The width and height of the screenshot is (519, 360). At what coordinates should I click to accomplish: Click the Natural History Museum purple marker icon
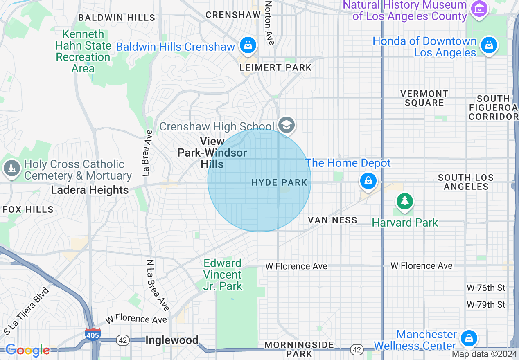point(479,8)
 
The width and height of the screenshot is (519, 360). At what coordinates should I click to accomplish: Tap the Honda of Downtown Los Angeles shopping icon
point(489,45)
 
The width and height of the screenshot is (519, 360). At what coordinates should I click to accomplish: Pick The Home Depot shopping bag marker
point(368,180)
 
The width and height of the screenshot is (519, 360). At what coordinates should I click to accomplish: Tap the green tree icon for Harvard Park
point(404,201)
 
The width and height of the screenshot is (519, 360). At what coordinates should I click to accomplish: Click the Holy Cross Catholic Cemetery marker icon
point(12,168)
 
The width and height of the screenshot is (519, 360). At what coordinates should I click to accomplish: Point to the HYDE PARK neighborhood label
point(279,182)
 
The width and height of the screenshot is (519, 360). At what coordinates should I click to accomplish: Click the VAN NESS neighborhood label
point(332,220)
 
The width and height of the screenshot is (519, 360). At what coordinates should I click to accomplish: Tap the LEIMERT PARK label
point(275,67)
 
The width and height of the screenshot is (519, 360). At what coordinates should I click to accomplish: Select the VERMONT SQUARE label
point(424,98)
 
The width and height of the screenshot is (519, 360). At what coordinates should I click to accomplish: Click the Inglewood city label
point(172,340)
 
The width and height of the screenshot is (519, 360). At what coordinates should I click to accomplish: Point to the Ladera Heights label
point(90,190)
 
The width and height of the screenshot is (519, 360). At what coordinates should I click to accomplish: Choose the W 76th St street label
point(486,288)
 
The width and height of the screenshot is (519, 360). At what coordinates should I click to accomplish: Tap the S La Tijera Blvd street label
point(26,310)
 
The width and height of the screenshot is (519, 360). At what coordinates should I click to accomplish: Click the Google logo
point(27,350)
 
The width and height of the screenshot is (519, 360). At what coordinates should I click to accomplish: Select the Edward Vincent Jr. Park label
point(223,274)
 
